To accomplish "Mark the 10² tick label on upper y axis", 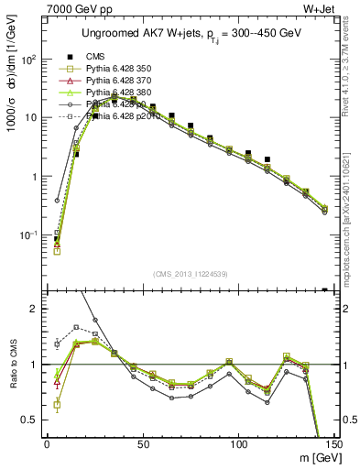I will [27, 60].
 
